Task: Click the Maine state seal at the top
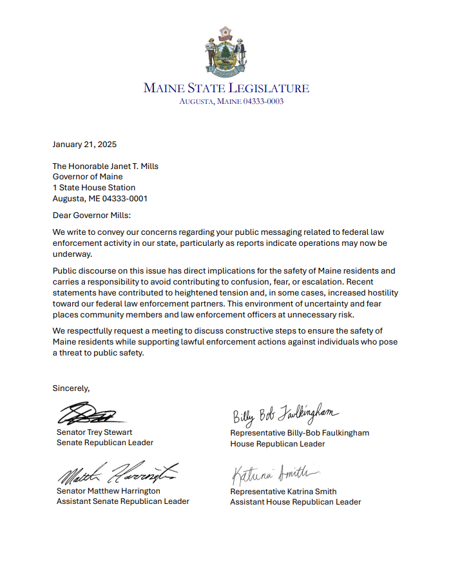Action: click(225, 51)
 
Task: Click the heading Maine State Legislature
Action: click(225, 88)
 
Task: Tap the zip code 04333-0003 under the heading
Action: click(262, 101)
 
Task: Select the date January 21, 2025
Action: click(84, 145)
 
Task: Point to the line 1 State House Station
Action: click(93, 188)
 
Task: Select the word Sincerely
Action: click(71, 388)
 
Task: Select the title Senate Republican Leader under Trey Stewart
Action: click(105, 443)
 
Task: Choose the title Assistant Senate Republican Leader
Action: click(123, 501)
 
